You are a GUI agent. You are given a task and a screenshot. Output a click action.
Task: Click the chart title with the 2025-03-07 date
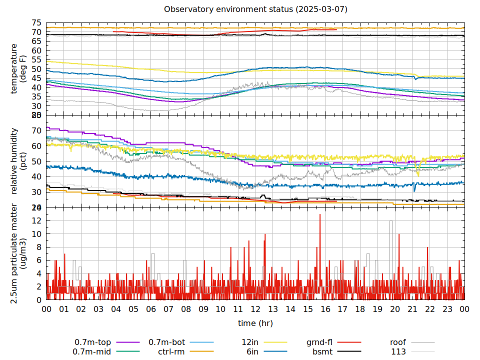tap(255, 9)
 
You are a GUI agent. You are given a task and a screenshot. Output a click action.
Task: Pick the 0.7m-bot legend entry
tap(180, 342)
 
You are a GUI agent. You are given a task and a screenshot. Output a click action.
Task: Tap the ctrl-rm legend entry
tap(180, 351)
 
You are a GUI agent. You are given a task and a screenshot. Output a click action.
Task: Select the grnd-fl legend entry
tap(333, 342)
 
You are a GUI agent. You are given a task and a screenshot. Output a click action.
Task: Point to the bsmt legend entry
tap(333, 351)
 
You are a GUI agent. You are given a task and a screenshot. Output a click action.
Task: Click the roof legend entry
tap(411, 342)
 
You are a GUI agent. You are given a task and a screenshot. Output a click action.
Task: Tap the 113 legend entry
tap(411, 351)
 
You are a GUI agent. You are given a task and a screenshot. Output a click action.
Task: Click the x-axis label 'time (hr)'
tap(255, 323)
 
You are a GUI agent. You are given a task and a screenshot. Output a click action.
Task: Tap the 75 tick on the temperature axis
tap(36, 23)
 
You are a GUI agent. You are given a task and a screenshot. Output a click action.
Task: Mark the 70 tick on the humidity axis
tap(36, 130)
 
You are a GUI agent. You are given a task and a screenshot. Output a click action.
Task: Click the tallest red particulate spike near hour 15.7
tap(320, 215)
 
